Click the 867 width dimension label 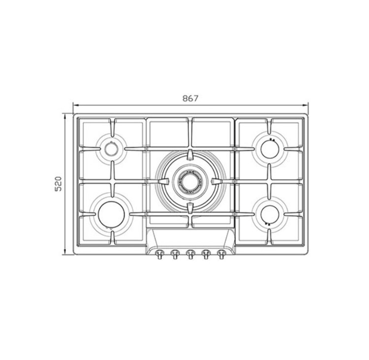point(190,98)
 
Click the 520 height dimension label point(58,184)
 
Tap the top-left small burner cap point(111,149)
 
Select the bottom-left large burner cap point(111,214)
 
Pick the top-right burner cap point(270,149)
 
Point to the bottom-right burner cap point(270,214)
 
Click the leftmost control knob point(159,254)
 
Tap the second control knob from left point(175,254)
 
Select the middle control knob point(190,254)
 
